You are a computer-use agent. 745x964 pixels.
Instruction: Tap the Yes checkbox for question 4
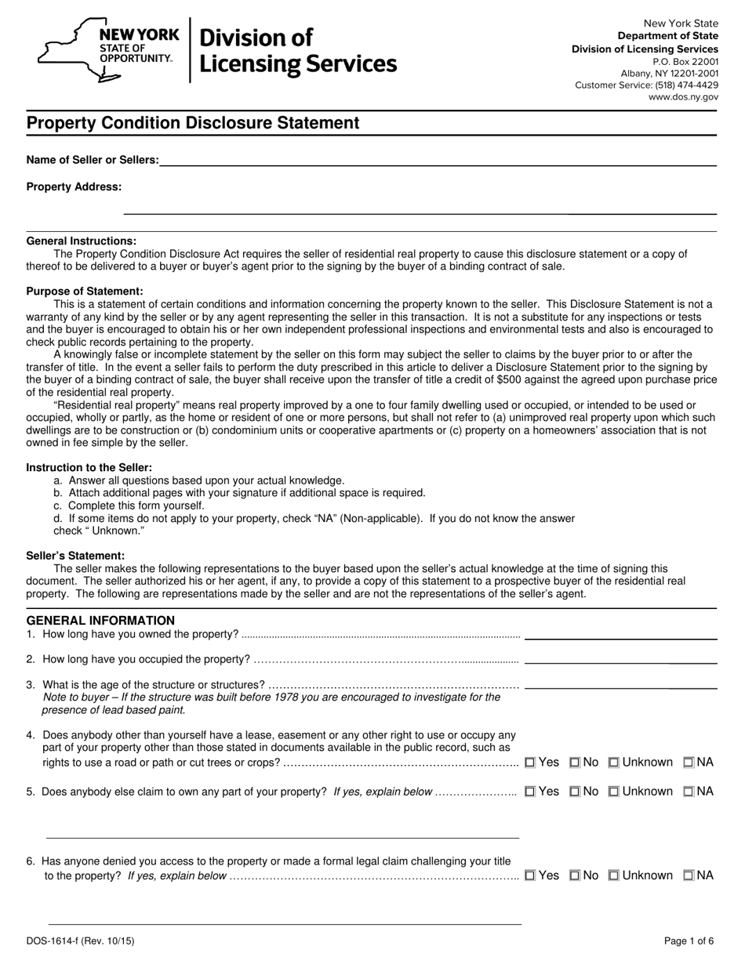[x=530, y=762]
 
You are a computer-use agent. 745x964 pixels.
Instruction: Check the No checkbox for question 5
[x=575, y=792]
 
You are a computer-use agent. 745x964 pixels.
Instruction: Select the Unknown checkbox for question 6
[x=615, y=875]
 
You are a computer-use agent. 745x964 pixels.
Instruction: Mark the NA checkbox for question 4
[x=689, y=762]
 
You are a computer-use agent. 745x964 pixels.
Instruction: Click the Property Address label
[x=74, y=187]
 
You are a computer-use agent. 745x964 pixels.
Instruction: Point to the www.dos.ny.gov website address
[x=682, y=97]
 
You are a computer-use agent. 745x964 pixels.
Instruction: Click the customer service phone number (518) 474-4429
[x=686, y=85]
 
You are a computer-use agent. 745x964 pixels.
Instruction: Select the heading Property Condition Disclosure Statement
[x=193, y=123]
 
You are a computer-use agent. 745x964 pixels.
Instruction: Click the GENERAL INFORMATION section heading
[x=100, y=620]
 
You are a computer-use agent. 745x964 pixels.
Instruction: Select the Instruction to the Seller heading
[x=89, y=467]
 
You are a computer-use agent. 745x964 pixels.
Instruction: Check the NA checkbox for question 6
[x=689, y=875]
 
